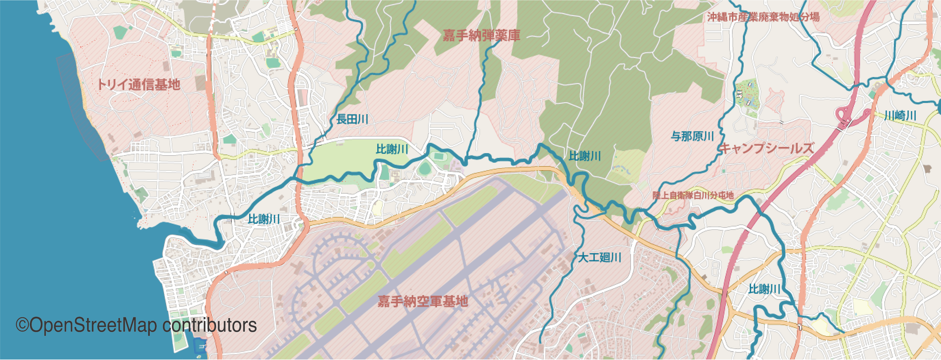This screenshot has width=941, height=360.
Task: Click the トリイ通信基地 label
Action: point(138,85)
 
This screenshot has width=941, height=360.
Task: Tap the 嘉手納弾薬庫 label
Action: point(481,35)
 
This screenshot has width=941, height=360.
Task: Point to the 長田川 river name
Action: point(352,119)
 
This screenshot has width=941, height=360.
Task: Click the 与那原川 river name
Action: point(692,136)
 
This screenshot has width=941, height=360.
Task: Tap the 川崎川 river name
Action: point(900,116)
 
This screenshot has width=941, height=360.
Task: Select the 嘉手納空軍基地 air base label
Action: point(423,301)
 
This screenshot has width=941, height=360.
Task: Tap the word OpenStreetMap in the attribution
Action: point(93,325)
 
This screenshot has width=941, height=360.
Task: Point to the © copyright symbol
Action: point(22,325)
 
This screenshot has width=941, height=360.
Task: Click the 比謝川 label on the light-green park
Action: point(392,149)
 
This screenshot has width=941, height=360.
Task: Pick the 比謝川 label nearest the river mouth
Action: point(264,219)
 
